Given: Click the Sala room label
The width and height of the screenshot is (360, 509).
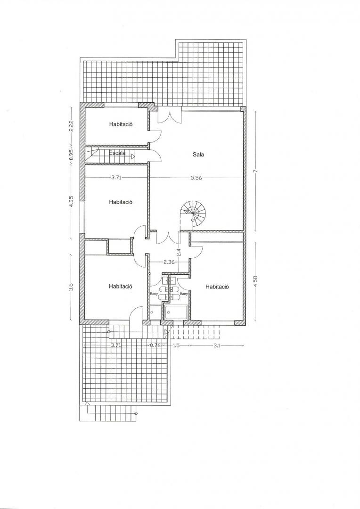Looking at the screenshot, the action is coord(198,155).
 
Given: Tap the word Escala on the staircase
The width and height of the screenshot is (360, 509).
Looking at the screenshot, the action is coord(117,153).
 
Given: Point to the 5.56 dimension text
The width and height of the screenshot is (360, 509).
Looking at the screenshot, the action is coord(196,178).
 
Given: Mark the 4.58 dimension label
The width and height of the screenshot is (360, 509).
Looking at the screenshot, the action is coord(255,281).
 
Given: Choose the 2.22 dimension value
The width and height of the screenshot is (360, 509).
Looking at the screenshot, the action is coord(72,126).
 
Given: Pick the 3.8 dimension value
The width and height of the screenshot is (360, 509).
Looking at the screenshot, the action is coord(72,288).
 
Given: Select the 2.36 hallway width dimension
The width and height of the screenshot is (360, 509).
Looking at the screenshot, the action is coord(169,263).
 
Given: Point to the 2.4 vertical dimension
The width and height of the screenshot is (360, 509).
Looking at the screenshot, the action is coord(179,252).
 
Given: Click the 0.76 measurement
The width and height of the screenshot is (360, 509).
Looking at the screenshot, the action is coord(155,345).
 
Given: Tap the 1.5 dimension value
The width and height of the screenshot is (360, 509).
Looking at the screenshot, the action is coord(176,345).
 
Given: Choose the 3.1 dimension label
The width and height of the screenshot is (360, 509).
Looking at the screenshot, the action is coord(217,345).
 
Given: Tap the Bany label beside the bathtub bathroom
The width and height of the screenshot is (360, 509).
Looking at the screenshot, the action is coord(184,294).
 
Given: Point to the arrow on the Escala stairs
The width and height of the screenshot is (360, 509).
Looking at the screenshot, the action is coord(133,156).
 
